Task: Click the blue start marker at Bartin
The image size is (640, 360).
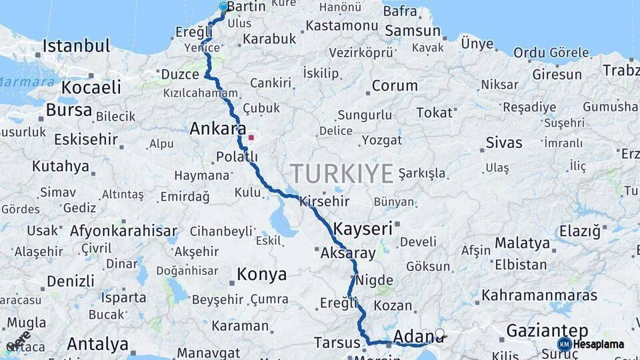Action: point(223,7)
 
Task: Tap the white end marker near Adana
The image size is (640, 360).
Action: point(439,333)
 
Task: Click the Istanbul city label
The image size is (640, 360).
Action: point(77,46)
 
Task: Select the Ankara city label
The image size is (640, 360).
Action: point(218,129)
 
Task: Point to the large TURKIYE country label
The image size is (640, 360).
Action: point(341,174)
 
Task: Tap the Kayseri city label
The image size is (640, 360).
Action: point(363,228)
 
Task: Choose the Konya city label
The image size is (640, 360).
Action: point(262,274)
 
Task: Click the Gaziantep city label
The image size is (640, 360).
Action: point(547,331)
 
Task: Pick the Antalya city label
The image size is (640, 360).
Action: point(97,345)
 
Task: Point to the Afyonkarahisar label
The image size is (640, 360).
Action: point(124,231)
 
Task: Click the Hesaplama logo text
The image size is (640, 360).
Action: point(599,344)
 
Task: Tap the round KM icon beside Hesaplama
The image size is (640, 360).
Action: point(564,344)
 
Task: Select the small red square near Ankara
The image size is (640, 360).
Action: point(251,138)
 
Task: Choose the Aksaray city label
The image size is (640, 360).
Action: point(348,253)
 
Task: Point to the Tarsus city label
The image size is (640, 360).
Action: point(337,343)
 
